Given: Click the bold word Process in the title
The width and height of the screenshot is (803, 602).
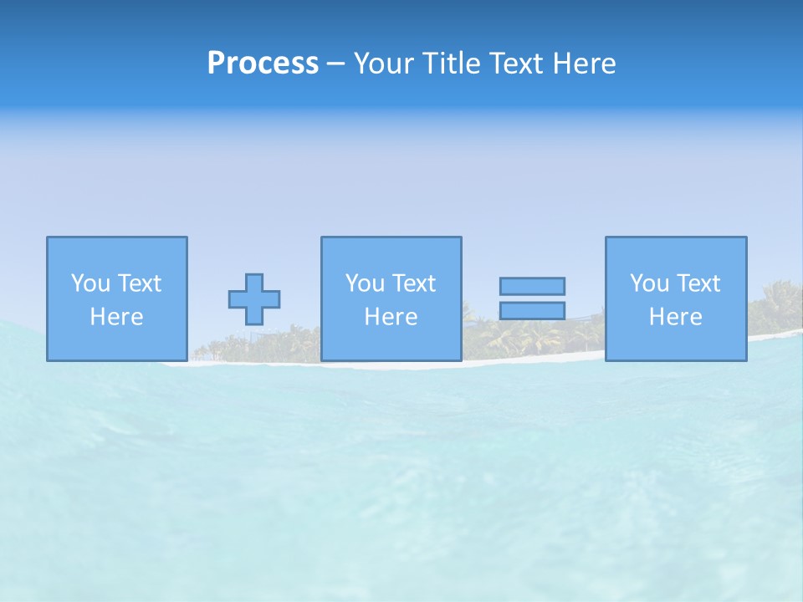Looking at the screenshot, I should point(263,64).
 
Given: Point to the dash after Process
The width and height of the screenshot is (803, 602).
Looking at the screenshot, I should point(336,64).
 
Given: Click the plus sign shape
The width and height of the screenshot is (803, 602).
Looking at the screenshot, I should point(254,299).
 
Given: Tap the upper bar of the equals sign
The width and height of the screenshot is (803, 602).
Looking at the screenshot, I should point(532,287).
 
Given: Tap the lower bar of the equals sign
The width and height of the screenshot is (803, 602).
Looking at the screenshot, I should point(532,311).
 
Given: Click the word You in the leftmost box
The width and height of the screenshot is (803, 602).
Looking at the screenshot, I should point(90,283).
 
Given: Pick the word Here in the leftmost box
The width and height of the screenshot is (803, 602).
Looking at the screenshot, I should point(116,317).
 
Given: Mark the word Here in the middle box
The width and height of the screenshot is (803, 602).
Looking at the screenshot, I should point(391,317).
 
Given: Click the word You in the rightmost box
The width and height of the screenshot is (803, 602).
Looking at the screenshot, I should point(649,283).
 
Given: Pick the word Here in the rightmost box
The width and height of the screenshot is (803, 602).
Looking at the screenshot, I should point(675,317).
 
